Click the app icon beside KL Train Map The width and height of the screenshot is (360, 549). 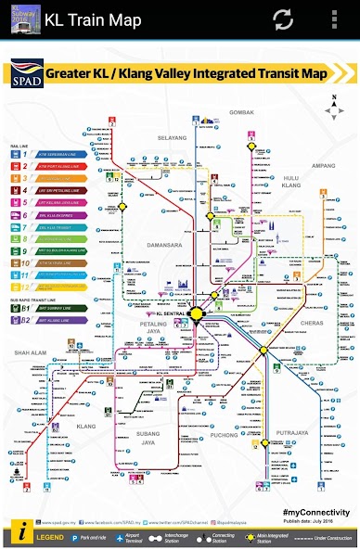point(20,19)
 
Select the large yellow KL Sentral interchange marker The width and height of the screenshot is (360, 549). point(197,314)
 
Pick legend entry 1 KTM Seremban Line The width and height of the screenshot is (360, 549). point(57,155)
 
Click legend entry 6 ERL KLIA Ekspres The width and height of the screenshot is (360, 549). point(57,215)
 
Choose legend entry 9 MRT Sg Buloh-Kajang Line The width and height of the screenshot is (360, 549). point(57,250)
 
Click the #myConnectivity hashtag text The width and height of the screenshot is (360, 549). point(315,512)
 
